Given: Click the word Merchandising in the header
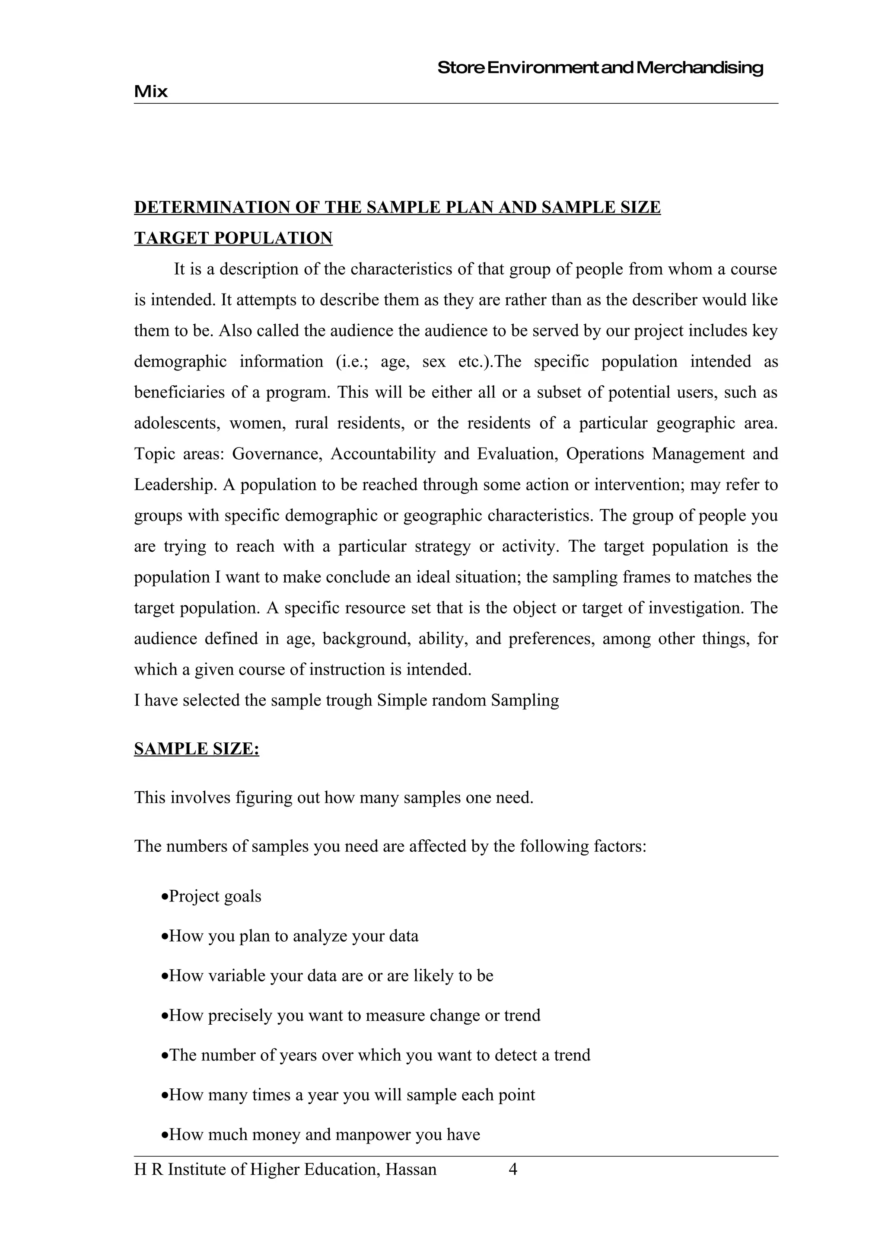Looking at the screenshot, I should pos(700,68).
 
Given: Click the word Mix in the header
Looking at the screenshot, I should pos(150,91).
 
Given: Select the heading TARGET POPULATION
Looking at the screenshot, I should pos(233,238).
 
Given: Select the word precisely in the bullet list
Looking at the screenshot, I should pos(239,1015).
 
